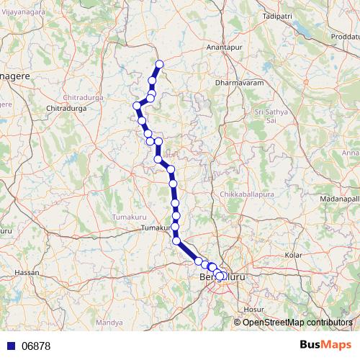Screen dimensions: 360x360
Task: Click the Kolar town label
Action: [293, 255]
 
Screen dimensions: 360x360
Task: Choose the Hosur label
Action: [254, 308]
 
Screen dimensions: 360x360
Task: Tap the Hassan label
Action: [26, 273]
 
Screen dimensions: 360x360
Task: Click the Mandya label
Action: [109, 323]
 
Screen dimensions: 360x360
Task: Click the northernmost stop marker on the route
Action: [160, 65]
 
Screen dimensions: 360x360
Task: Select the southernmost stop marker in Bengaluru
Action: [220, 276]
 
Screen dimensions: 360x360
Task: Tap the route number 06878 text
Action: [36, 346]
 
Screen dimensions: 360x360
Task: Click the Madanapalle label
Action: [341, 198]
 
